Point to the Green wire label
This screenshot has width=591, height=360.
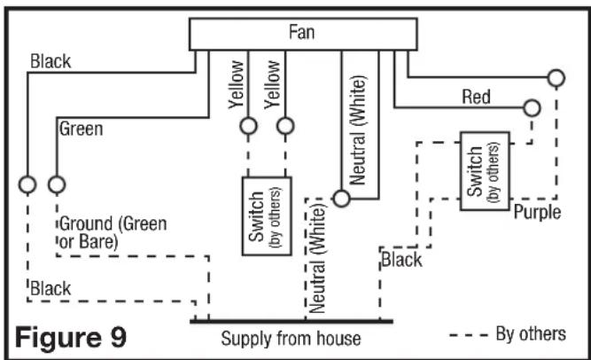(x=81, y=129)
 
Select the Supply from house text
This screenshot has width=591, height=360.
(x=291, y=339)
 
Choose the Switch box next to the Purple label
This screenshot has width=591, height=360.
(x=484, y=171)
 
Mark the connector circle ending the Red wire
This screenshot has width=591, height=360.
(x=532, y=108)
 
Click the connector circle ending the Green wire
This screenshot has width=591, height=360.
(x=57, y=184)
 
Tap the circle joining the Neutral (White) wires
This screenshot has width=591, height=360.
(x=342, y=198)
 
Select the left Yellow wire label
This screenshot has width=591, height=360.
(x=236, y=85)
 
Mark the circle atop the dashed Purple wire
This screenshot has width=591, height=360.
(x=556, y=78)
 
